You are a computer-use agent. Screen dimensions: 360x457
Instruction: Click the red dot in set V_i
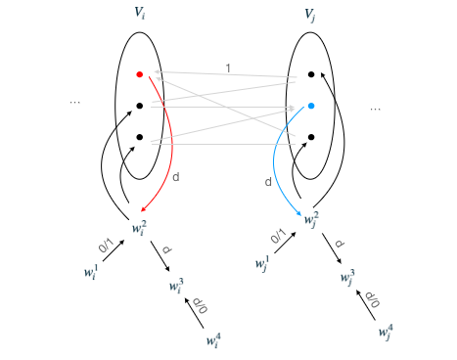click(x=139, y=73)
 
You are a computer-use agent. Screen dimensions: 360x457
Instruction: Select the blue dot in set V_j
click(x=310, y=106)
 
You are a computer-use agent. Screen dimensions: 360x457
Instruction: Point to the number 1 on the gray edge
click(x=229, y=68)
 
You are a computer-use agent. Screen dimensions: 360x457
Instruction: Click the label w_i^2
click(x=138, y=228)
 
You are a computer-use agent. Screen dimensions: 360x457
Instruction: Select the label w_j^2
click(x=311, y=219)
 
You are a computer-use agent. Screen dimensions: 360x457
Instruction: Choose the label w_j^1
click(x=260, y=261)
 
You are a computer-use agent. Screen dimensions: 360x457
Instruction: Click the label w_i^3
click(x=176, y=287)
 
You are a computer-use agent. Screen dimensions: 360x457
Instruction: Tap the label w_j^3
click(x=347, y=278)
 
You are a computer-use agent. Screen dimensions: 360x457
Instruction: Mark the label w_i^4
click(x=212, y=339)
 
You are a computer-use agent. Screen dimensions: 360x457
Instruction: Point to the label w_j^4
click(x=386, y=331)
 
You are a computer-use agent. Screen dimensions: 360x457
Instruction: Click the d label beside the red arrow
click(x=175, y=177)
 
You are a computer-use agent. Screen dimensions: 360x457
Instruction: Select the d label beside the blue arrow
click(x=269, y=182)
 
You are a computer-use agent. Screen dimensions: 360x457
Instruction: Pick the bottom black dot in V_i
click(x=139, y=137)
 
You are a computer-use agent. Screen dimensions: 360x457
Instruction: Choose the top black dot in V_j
click(x=310, y=73)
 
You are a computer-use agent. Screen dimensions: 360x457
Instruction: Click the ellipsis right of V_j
click(x=375, y=108)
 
